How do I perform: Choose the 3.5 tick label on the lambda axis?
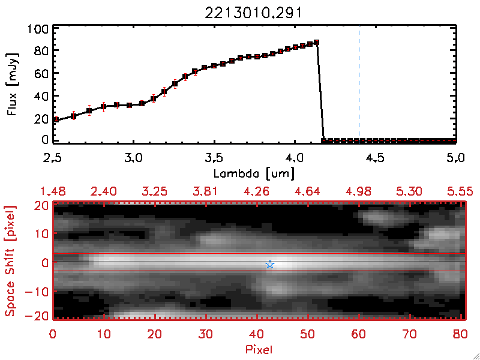[214, 158]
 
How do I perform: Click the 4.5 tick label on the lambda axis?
[375, 158]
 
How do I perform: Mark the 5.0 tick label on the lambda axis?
[456, 158]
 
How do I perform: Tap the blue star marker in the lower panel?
[270, 264]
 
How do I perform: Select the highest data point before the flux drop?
[317, 43]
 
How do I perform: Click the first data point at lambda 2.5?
[55, 120]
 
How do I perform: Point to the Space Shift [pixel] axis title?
[10, 261]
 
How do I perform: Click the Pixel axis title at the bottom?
[259, 347]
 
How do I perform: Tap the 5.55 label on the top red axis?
[461, 191]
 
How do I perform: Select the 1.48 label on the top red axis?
[53, 191]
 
